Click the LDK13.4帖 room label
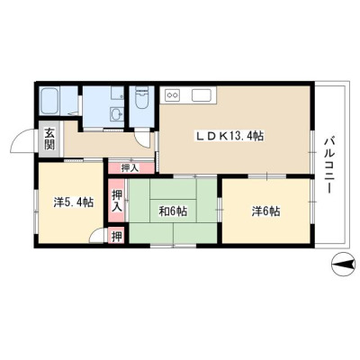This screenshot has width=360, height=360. [229, 137]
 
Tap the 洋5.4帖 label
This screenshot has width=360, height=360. [73, 202]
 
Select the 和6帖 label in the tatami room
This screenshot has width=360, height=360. [173, 211]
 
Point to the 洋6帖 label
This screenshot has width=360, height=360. [265, 211]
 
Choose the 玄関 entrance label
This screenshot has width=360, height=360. [49, 139]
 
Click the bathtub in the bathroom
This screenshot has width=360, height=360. [49, 101]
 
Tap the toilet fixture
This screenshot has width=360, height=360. [142, 98]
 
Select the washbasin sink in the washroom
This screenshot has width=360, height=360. [117, 114]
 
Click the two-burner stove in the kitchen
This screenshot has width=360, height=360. [172, 95]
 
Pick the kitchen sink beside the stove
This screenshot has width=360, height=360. [202, 95]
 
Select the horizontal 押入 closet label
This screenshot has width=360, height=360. [130, 168]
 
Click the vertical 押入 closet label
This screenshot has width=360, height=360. [117, 201]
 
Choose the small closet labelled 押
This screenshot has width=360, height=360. [117, 237]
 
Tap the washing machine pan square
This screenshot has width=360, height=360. [117, 94]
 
